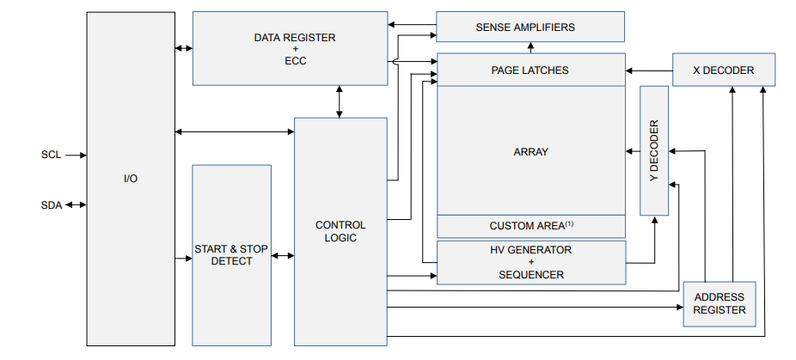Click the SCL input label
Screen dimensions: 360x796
[x=51, y=156]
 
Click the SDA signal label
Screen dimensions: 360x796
[x=51, y=204]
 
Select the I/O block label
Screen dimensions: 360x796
[x=131, y=179]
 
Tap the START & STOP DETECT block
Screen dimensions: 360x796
[x=230, y=255]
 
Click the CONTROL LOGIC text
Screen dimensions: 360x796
[x=340, y=231]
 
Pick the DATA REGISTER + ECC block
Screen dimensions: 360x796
[x=290, y=49]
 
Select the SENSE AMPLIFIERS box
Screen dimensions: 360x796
[x=530, y=27]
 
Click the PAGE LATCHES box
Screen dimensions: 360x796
[x=530, y=70]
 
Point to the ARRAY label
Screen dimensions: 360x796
[x=530, y=151]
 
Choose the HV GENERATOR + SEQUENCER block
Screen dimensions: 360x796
[x=530, y=262]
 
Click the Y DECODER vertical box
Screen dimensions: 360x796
[x=654, y=150]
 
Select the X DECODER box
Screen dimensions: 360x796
[x=724, y=70]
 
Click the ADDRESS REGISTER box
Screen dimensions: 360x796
[x=719, y=303]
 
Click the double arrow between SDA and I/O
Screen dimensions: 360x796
[x=76, y=204]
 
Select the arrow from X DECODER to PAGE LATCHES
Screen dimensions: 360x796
[x=649, y=70]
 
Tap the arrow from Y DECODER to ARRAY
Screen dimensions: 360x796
[x=633, y=151]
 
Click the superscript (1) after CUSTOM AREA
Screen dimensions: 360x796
[x=569, y=223]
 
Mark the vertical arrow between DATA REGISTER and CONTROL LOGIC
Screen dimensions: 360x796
[x=340, y=101]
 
